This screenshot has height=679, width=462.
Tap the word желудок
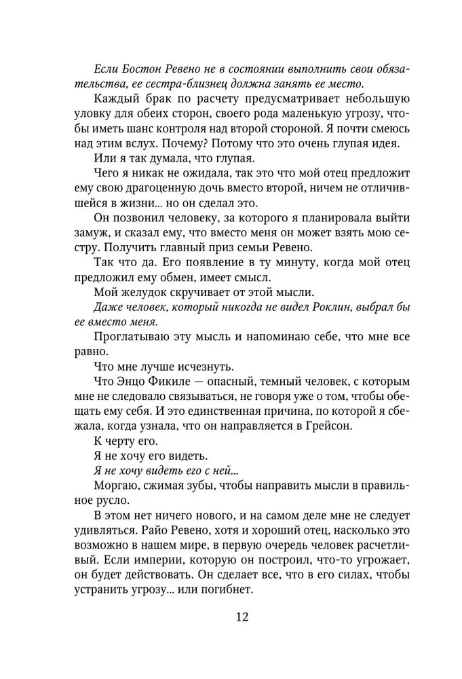pyautogui.click(x=147, y=293)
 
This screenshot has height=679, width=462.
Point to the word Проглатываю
pyautogui.click(x=129, y=337)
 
